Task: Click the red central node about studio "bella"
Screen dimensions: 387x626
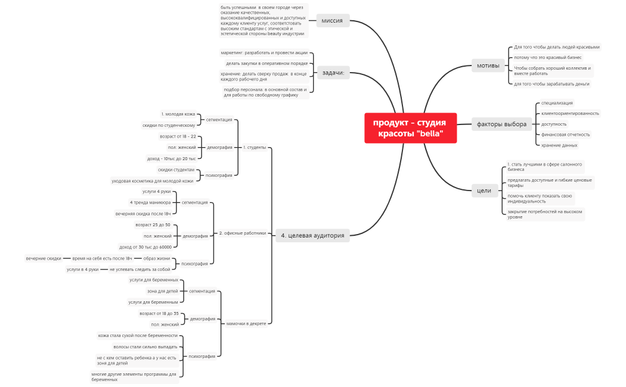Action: click(x=410, y=128)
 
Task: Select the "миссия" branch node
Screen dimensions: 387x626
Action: click(x=332, y=21)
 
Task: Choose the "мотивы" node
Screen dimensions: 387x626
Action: click(x=488, y=65)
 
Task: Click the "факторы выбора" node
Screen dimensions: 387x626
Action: click(x=501, y=124)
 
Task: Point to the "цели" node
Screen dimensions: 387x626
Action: click(x=484, y=191)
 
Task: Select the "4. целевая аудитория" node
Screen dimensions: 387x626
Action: click(x=312, y=235)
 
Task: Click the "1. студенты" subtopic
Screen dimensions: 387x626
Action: click(x=255, y=147)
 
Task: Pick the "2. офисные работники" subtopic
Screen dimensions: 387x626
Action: click(x=243, y=233)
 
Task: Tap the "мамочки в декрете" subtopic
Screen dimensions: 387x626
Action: click(x=246, y=324)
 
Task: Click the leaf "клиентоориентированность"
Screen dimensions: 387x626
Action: click(x=570, y=113)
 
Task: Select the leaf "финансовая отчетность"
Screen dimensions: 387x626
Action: click(x=565, y=135)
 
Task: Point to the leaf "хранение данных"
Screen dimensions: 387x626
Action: click(x=559, y=145)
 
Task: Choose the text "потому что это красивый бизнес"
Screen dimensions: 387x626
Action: click(x=547, y=58)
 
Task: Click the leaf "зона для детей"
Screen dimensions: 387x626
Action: click(x=162, y=291)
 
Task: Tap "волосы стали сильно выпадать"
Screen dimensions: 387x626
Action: click(x=145, y=347)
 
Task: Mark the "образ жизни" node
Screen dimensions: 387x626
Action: click(x=156, y=258)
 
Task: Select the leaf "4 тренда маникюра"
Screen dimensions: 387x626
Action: click(x=150, y=202)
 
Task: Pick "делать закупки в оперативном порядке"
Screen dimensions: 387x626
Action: click(x=266, y=63)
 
